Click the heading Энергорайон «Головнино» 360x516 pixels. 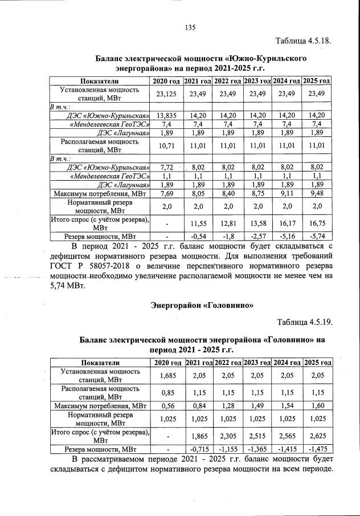[x=201, y=305]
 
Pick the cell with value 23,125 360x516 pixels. [x=166, y=94]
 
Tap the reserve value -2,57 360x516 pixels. [x=257, y=235]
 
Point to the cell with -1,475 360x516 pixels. [x=317, y=449]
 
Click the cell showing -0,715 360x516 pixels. [x=198, y=449]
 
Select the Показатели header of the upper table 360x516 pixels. [x=100, y=82]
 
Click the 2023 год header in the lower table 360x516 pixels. [x=257, y=363]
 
